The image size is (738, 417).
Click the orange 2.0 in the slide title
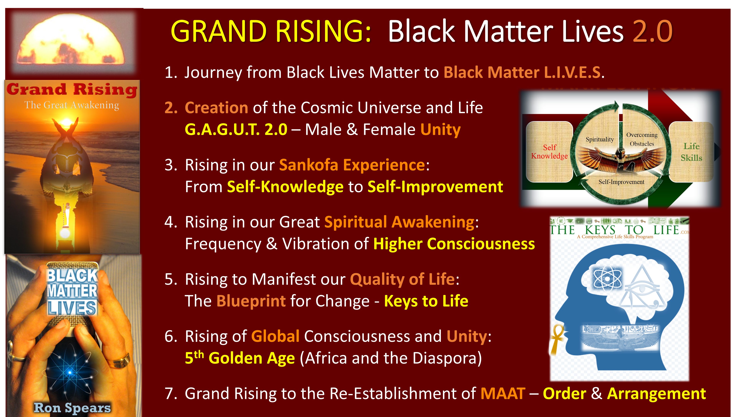652,32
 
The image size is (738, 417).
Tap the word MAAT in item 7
503,394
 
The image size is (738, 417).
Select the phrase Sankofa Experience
352,165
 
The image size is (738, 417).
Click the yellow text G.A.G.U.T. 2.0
236,129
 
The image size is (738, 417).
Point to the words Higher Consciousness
454,244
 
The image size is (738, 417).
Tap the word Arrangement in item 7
656,394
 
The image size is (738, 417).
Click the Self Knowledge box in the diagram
549,152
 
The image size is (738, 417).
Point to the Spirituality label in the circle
600,139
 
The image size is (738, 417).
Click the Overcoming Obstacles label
642,139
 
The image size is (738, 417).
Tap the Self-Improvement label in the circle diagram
621,182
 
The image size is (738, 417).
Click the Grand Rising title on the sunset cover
72,90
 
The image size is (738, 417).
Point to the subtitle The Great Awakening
72,105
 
